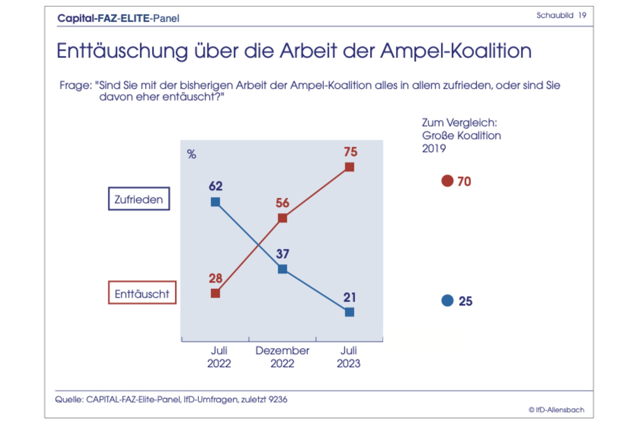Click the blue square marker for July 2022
pos(215,202)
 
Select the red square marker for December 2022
pos(282,218)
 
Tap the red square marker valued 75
pos(349,167)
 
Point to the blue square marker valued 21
pos(349,312)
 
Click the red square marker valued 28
pos(215,293)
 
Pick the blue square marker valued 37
pos(282,269)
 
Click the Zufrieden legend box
pos(139,199)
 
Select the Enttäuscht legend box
pos(142,293)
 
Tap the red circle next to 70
pos(447,181)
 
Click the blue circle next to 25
pos(447,301)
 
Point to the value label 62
pos(216,186)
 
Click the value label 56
pos(282,203)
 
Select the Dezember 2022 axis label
pos(282,357)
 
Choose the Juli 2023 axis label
pos(349,357)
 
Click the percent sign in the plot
pos(192,154)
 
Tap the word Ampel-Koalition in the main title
pos(456,51)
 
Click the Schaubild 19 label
pos(561,15)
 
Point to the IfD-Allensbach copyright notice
pos(556,410)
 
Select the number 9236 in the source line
pos(278,399)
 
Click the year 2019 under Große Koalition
pos(434,148)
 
